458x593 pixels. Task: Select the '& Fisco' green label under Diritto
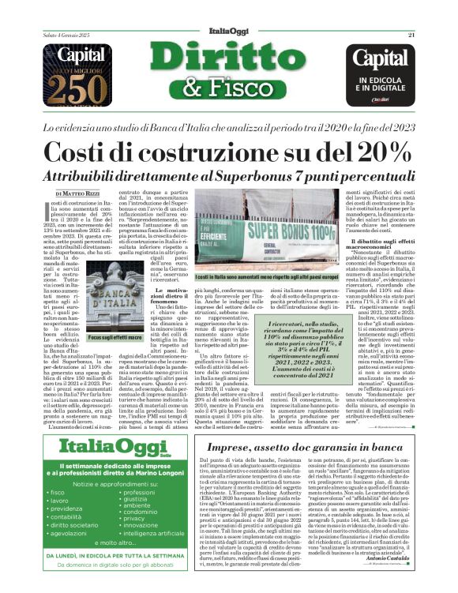tap(229, 88)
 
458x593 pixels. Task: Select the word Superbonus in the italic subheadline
tap(260, 178)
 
